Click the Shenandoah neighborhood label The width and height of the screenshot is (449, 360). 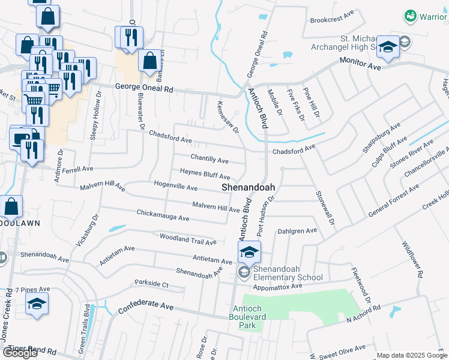click(249, 187)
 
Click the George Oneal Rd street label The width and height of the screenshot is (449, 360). click(144, 89)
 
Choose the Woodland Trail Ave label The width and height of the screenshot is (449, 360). click(187, 238)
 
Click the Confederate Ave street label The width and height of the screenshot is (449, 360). click(146, 307)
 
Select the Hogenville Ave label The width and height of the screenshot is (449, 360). click(176, 186)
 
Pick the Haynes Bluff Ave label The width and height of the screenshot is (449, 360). click(205, 174)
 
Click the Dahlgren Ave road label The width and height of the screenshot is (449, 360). click(297, 230)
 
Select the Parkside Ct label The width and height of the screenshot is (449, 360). click(152, 283)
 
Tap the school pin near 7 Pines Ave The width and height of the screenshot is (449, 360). click(37, 303)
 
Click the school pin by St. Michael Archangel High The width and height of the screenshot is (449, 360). click(388, 47)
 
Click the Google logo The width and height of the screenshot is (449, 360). click(20, 353)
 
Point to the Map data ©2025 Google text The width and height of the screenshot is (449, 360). click(412, 355)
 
